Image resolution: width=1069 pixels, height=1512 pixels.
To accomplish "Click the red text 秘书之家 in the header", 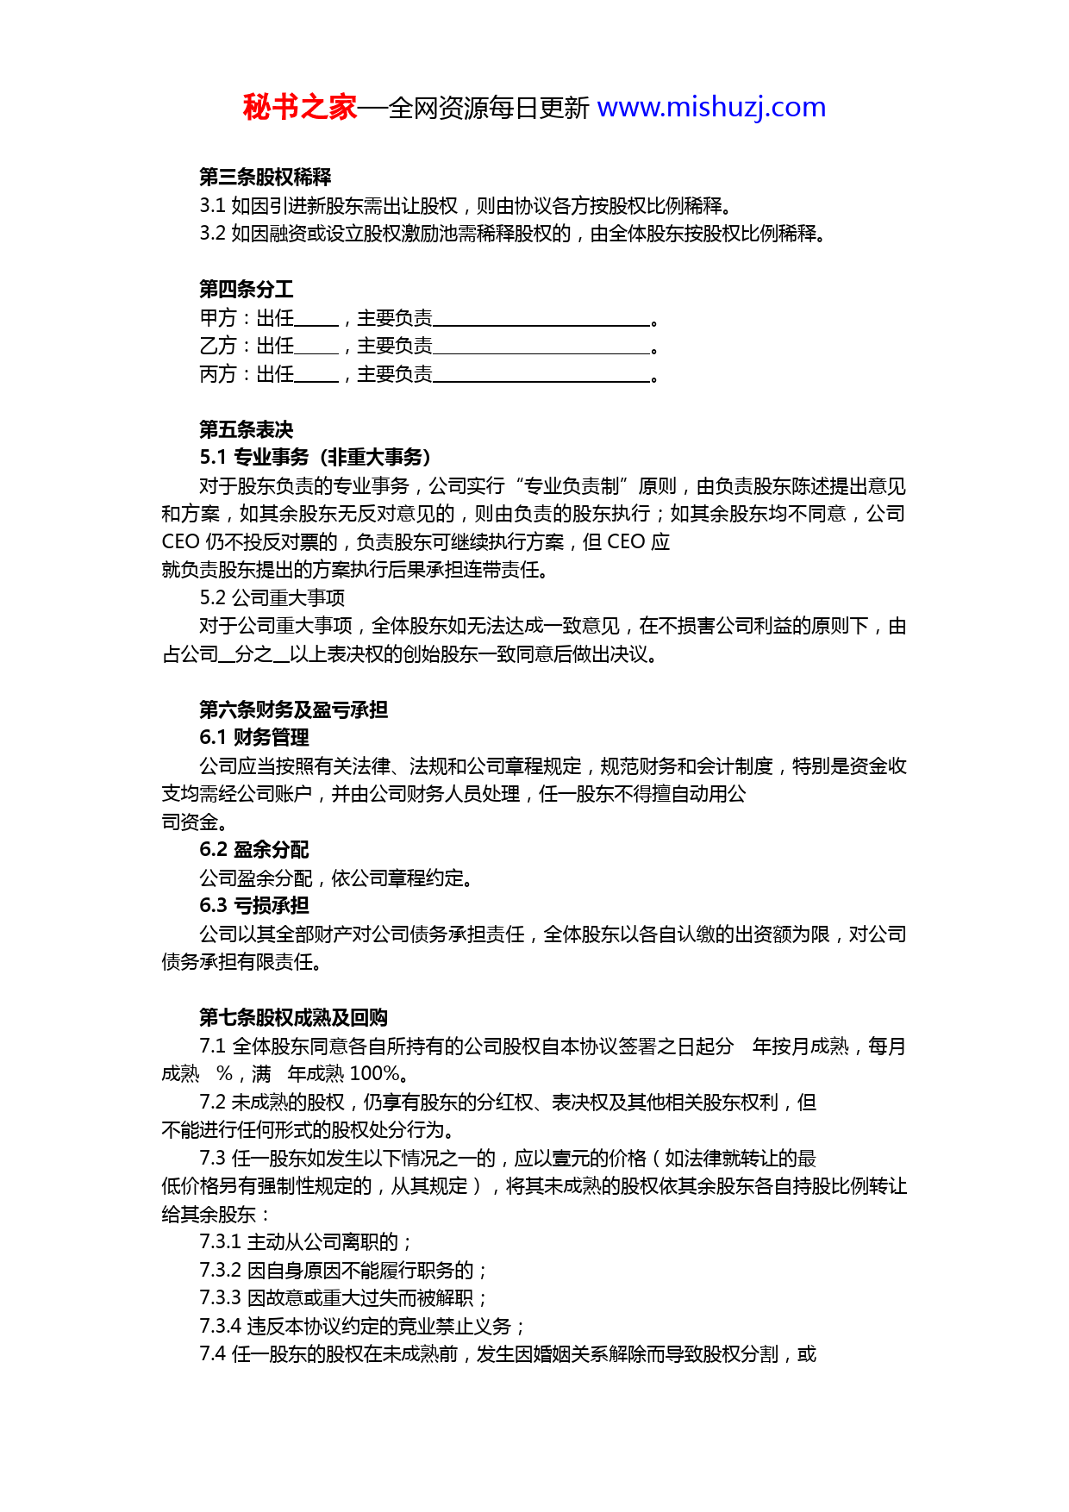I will click(x=299, y=108).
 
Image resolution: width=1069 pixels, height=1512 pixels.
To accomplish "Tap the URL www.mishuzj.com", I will click(x=711, y=108).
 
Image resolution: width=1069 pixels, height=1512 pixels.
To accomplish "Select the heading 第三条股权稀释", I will click(x=266, y=178).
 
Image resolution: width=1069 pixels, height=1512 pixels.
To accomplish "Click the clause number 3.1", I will click(x=212, y=206).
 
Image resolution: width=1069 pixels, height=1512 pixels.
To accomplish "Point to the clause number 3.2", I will click(x=212, y=234).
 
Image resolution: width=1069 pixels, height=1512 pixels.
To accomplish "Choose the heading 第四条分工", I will click(x=247, y=290).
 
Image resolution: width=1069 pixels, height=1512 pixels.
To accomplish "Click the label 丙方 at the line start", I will click(x=217, y=374).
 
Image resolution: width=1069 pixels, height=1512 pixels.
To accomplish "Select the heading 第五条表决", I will click(x=247, y=429).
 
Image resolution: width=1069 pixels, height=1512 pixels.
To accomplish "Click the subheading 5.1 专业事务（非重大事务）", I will click(x=316, y=458).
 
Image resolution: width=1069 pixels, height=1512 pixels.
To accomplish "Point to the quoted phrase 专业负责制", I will click(x=572, y=486).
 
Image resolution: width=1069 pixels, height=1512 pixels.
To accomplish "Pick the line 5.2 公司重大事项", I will click(x=272, y=598).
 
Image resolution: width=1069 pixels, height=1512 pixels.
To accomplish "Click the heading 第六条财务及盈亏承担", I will click(x=294, y=709).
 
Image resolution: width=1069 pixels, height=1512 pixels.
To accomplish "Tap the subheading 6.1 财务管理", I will click(x=254, y=738).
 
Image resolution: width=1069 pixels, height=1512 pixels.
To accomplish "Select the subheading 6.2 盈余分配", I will click(x=254, y=850).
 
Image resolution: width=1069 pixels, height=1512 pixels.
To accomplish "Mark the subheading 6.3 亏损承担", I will click(x=254, y=906).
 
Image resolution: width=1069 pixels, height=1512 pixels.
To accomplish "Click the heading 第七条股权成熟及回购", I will click(x=294, y=1018).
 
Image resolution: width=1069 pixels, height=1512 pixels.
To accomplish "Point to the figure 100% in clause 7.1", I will click(x=375, y=1074).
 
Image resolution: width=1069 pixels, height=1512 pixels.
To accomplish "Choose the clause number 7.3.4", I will click(x=220, y=1326).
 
